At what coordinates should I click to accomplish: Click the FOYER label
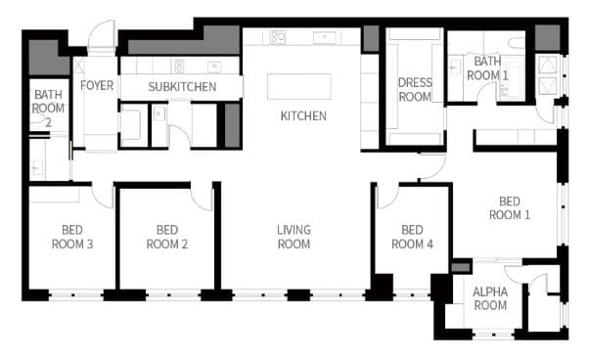(97, 85)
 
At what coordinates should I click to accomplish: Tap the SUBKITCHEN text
(182, 87)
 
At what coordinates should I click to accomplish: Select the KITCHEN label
(303, 115)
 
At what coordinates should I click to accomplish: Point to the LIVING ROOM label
(294, 237)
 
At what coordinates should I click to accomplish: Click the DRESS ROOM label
(415, 90)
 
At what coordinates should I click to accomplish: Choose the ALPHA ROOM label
(490, 298)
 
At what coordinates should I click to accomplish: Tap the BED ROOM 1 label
(510, 208)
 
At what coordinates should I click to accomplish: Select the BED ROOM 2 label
(166, 237)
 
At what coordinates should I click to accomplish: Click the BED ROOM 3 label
(72, 237)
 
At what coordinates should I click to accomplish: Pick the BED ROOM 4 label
(412, 237)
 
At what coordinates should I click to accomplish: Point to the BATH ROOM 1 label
(487, 67)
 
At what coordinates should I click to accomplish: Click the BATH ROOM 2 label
(48, 109)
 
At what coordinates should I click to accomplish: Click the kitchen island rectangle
(299, 87)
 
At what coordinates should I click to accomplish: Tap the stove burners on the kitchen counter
(278, 37)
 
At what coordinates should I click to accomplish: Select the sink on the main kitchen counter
(325, 37)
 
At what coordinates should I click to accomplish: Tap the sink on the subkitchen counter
(214, 67)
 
